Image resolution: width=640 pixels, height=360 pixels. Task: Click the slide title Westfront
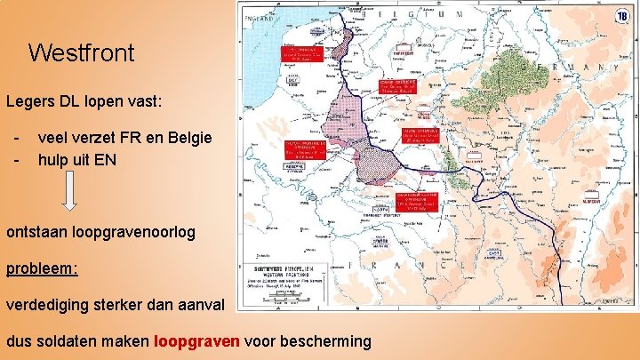(x=81, y=52)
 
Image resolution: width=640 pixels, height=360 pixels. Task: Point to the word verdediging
(x=52, y=305)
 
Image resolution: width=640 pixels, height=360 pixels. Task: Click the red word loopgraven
(x=196, y=340)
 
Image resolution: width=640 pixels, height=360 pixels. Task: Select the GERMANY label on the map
(x=569, y=68)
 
